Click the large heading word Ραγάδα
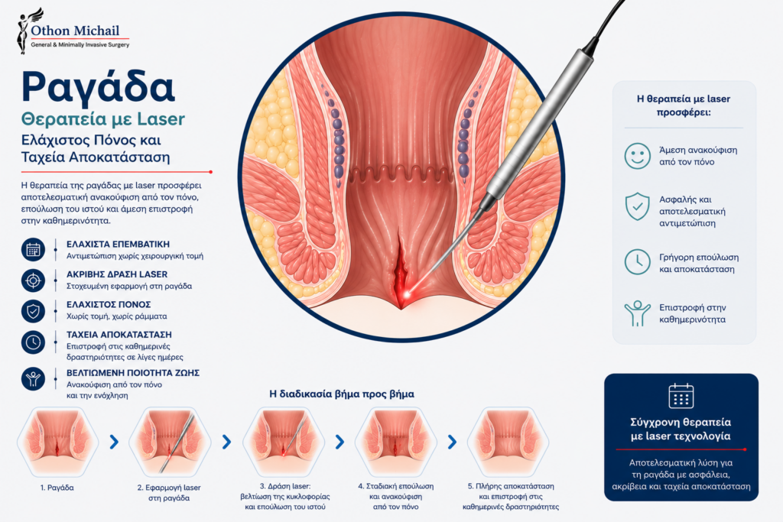98,87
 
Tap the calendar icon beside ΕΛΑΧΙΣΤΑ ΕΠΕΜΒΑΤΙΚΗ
34,249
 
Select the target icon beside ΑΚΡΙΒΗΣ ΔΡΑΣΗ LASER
34,280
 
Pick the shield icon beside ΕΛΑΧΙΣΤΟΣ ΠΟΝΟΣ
34,311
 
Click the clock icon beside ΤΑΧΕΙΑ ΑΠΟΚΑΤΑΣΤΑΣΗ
34,342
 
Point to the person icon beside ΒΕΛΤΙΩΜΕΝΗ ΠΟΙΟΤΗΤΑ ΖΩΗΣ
34,379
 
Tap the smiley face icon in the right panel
637,156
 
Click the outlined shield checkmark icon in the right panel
637,206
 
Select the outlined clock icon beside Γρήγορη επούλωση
637,261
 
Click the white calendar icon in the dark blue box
681,396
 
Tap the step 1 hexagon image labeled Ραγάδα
57,442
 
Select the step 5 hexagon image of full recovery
508,442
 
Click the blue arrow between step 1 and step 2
115,442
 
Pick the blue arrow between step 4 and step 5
453,442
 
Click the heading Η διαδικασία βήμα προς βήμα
342,394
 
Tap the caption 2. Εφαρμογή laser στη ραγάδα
169,492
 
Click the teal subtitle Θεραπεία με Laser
103,119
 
